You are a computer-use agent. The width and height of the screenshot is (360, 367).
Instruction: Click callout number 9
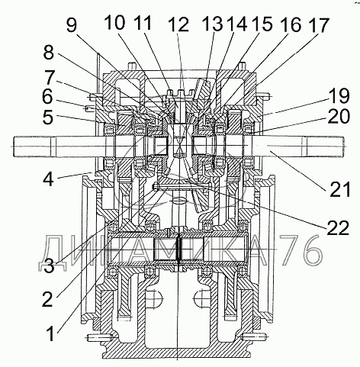[72, 26]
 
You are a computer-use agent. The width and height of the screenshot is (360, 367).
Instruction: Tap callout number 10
[115, 23]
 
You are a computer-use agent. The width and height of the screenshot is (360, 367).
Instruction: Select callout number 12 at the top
[179, 24]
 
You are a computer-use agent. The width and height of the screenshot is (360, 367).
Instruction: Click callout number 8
[49, 53]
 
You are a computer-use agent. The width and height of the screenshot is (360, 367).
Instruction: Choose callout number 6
[47, 97]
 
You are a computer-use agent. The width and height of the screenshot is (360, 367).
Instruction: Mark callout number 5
[48, 118]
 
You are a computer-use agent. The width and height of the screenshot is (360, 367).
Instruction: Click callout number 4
[48, 179]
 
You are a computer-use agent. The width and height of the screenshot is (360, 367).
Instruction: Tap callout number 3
[49, 266]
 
